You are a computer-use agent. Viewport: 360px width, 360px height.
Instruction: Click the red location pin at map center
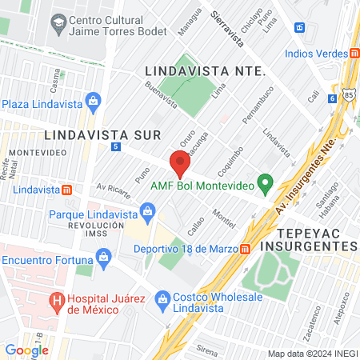[x=180, y=162]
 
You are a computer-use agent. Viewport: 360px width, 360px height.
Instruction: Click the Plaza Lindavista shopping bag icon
[x=94, y=102]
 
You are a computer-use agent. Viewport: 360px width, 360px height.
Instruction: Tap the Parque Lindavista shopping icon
[x=146, y=211]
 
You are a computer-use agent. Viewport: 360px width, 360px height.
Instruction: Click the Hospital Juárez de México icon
[x=57, y=302]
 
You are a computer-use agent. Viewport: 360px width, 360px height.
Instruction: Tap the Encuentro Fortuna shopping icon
[x=102, y=258]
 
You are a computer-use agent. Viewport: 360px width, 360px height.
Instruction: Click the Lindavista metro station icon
[x=67, y=190]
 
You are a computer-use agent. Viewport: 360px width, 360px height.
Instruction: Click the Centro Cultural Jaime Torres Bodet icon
[x=58, y=23]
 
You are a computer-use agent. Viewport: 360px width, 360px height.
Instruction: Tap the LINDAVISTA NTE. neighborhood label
[x=205, y=71]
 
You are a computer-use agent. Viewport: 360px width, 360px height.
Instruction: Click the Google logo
[x=26, y=350]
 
